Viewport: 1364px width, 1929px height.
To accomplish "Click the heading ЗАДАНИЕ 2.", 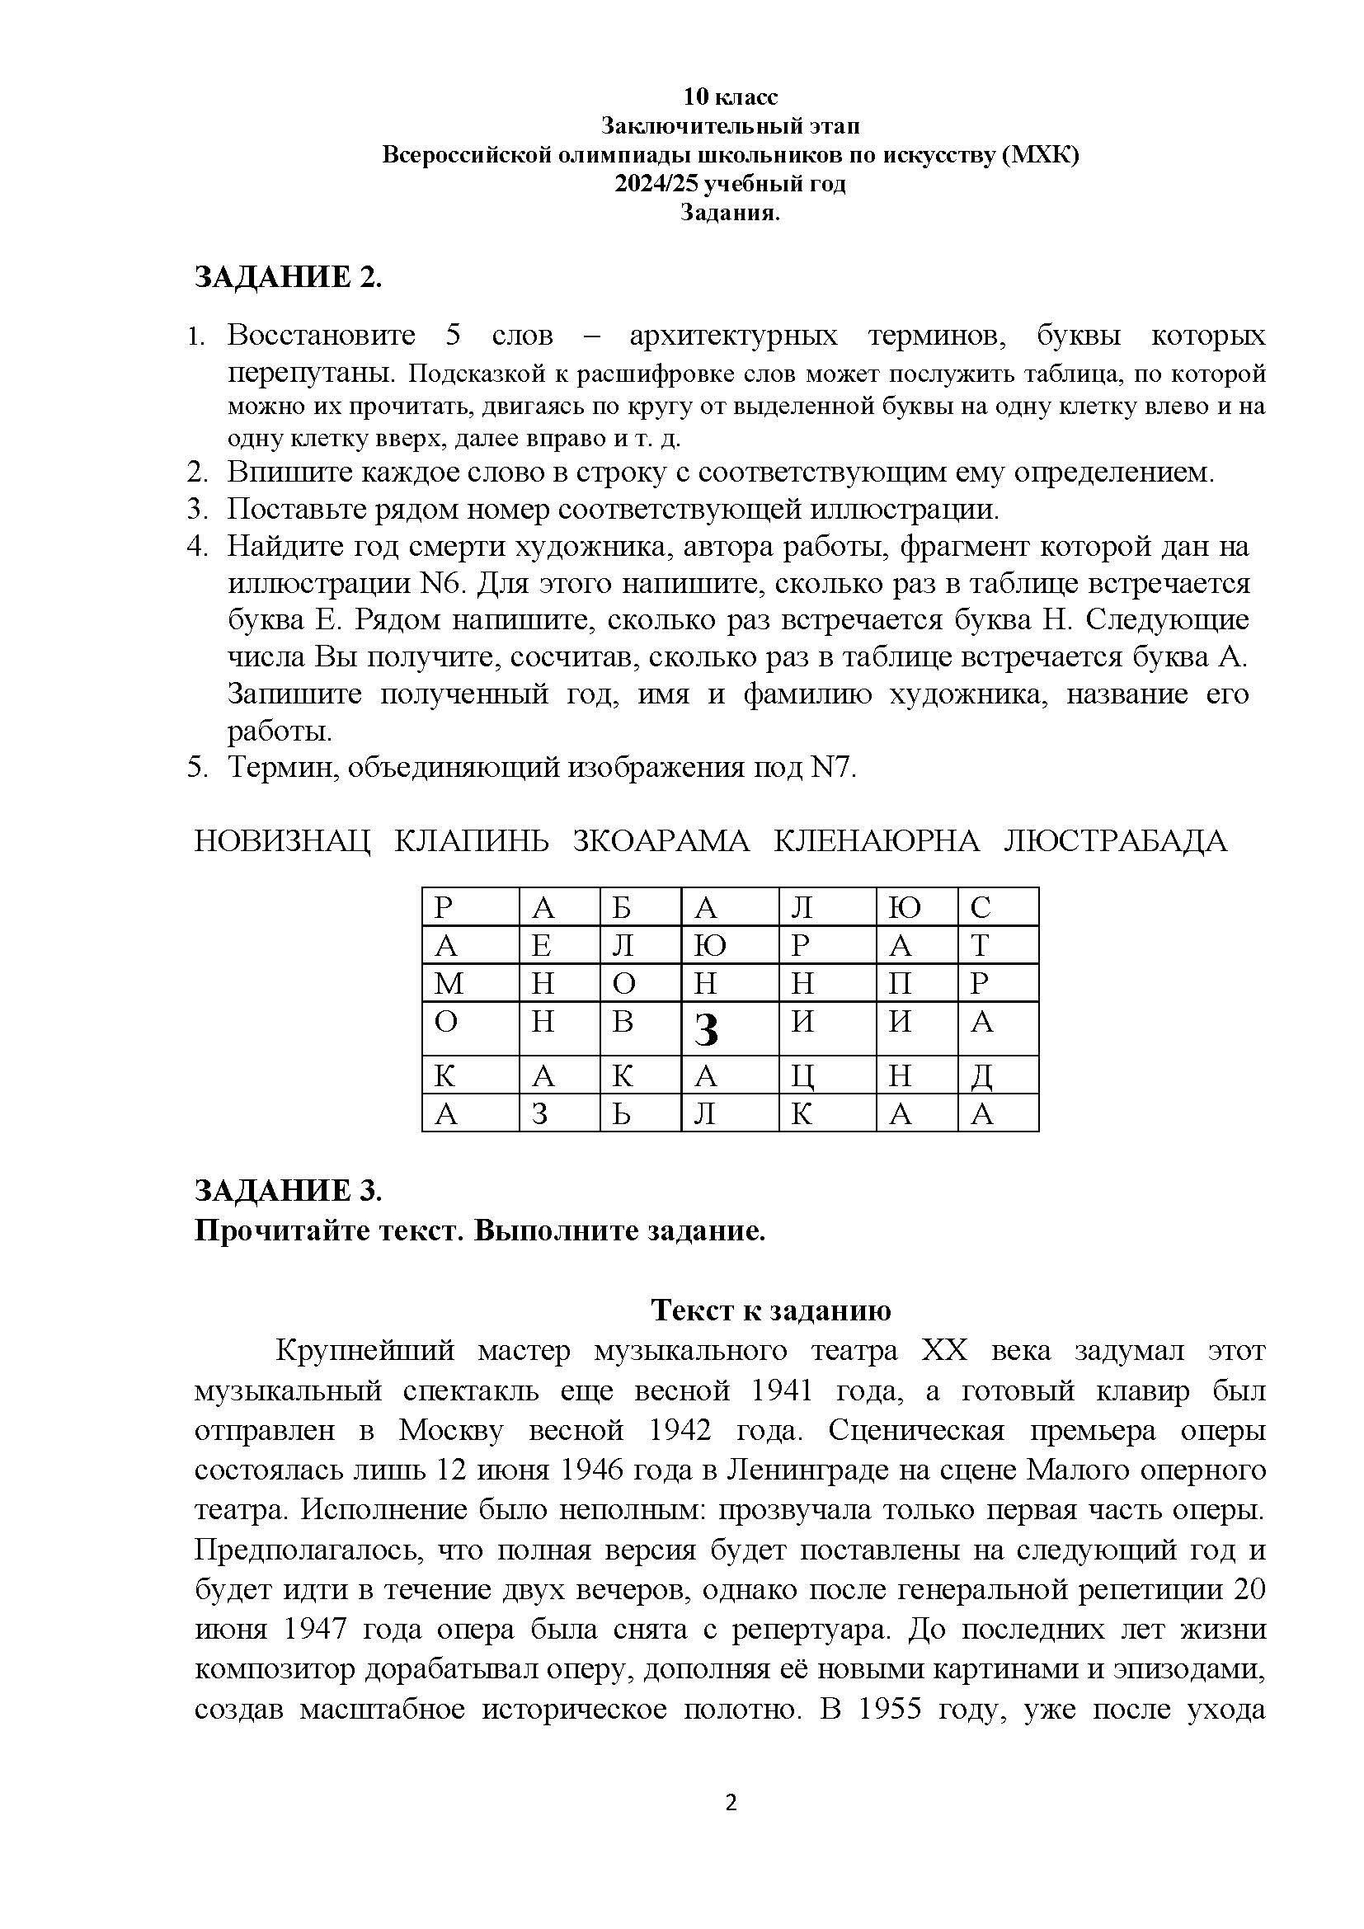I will point(288,277).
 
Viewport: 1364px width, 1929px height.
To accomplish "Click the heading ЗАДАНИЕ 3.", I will point(288,1190).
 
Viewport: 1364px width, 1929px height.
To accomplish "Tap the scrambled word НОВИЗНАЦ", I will point(282,841).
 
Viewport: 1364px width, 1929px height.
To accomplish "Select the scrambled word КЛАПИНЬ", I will point(471,841).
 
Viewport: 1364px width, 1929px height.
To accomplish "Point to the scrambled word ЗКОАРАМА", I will point(661,841).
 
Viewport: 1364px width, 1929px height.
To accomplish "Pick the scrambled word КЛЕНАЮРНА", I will point(876,841).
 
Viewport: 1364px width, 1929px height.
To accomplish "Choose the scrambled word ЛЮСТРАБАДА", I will point(1116,841).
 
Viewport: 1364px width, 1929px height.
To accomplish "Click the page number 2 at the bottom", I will point(731,1803).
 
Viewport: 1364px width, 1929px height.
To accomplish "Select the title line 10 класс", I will point(730,97).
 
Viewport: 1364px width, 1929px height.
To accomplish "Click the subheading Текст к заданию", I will point(771,1310).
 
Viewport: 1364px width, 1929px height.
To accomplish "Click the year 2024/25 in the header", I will point(656,184).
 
